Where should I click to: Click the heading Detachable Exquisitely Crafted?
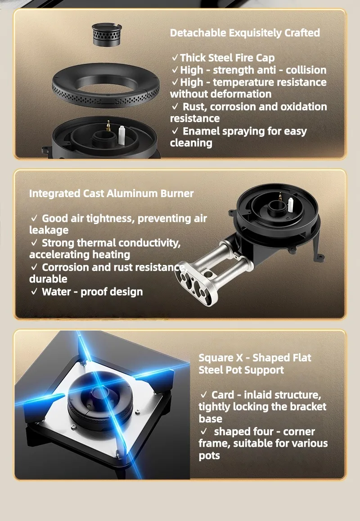(x=245, y=33)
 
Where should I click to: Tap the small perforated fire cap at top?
(x=106, y=35)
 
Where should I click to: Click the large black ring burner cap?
(x=105, y=85)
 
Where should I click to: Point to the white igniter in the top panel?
(x=121, y=135)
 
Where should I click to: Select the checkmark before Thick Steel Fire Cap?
(x=175, y=58)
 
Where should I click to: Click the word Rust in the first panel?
(x=193, y=107)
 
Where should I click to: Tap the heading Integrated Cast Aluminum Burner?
(x=111, y=193)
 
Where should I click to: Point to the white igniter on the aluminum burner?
(x=291, y=205)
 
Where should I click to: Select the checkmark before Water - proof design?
(x=34, y=292)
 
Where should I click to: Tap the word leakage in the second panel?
(x=49, y=230)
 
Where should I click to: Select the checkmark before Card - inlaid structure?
(x=203, y=395)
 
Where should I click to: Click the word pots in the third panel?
(x=209, y=456)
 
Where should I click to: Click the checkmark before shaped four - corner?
(x=203, y=431)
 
